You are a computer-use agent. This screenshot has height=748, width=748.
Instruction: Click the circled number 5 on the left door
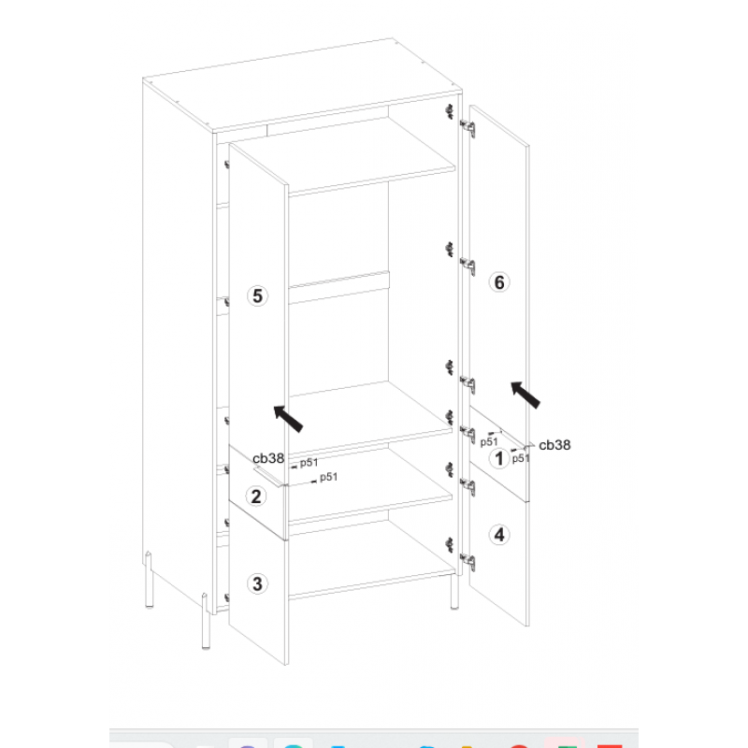[x=257, y=295]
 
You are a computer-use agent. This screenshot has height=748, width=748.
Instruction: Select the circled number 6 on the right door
[x=499, y=282]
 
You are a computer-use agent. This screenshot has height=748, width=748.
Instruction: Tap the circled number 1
[x=499, y=458]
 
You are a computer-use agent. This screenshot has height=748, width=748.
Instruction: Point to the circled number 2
[x=256, y=496]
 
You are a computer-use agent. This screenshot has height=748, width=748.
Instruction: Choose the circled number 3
[x=257, y=583]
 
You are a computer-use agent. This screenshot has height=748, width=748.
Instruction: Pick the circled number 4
[x=499, y=535]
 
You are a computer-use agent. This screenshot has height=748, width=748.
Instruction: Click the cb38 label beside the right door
[x=554, y=445]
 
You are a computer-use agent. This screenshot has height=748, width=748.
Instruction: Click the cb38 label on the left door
[x=268, y=458]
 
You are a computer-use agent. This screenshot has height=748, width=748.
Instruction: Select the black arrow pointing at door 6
[x=525, y=395]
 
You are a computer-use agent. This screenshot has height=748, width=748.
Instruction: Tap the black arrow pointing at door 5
[x=288, y=418]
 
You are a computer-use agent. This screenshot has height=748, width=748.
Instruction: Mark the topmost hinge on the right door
[x=467, y=128]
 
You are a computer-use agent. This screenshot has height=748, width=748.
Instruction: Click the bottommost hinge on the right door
[x=467, y=562]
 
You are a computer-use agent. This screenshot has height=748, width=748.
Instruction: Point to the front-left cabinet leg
[x=205, y=621]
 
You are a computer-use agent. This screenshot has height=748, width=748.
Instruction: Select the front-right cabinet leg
[x=454, y=592]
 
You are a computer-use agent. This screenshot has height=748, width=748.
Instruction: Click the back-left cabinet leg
[x=149, y=580]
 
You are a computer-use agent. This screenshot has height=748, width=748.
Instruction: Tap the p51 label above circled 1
[x=488, y=441]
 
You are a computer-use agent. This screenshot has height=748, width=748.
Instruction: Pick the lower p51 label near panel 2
[x=329, y=477]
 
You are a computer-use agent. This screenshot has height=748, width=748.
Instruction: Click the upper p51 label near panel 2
[x=309, y=462]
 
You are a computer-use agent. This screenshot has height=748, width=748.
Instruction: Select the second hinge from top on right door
[x=467, y=266]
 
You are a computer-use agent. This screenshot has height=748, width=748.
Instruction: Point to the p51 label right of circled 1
[x=521, y=458]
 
